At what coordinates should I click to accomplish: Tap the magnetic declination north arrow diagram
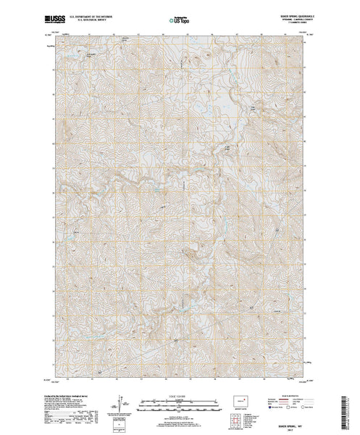(118, 401)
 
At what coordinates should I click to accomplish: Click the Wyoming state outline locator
(238, 399)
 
